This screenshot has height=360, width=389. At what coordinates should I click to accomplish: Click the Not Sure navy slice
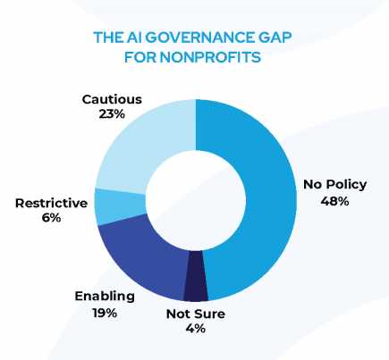click(196, 288)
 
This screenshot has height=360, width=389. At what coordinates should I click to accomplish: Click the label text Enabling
click(105, 296)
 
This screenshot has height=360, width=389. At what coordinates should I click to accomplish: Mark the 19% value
click(105, 312)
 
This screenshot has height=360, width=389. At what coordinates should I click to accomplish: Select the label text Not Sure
click(196, 314)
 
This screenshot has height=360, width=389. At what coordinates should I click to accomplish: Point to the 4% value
click(196, 329)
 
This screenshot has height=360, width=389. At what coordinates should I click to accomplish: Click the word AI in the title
click(131, 38)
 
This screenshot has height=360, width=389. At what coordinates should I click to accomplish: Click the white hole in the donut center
click(196, 199)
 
